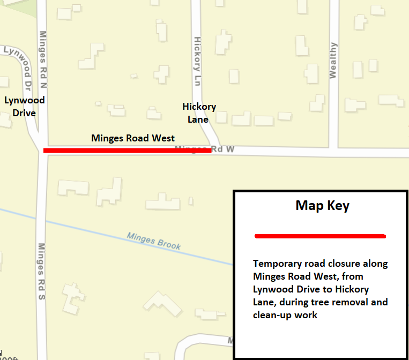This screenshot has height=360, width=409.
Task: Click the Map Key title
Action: click(x=322, y=206)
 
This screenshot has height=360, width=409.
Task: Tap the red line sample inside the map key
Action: click(x=320, y=236)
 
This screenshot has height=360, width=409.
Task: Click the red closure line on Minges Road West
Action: click(x=127, y=151)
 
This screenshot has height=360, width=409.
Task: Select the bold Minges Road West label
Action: click(x=133, y=138)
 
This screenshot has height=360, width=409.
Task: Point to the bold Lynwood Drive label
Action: click(x=25, y=107)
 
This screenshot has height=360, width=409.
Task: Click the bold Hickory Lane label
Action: click(x=199, y=113)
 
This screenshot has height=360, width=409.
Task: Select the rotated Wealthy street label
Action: click(x=333, y=61)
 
